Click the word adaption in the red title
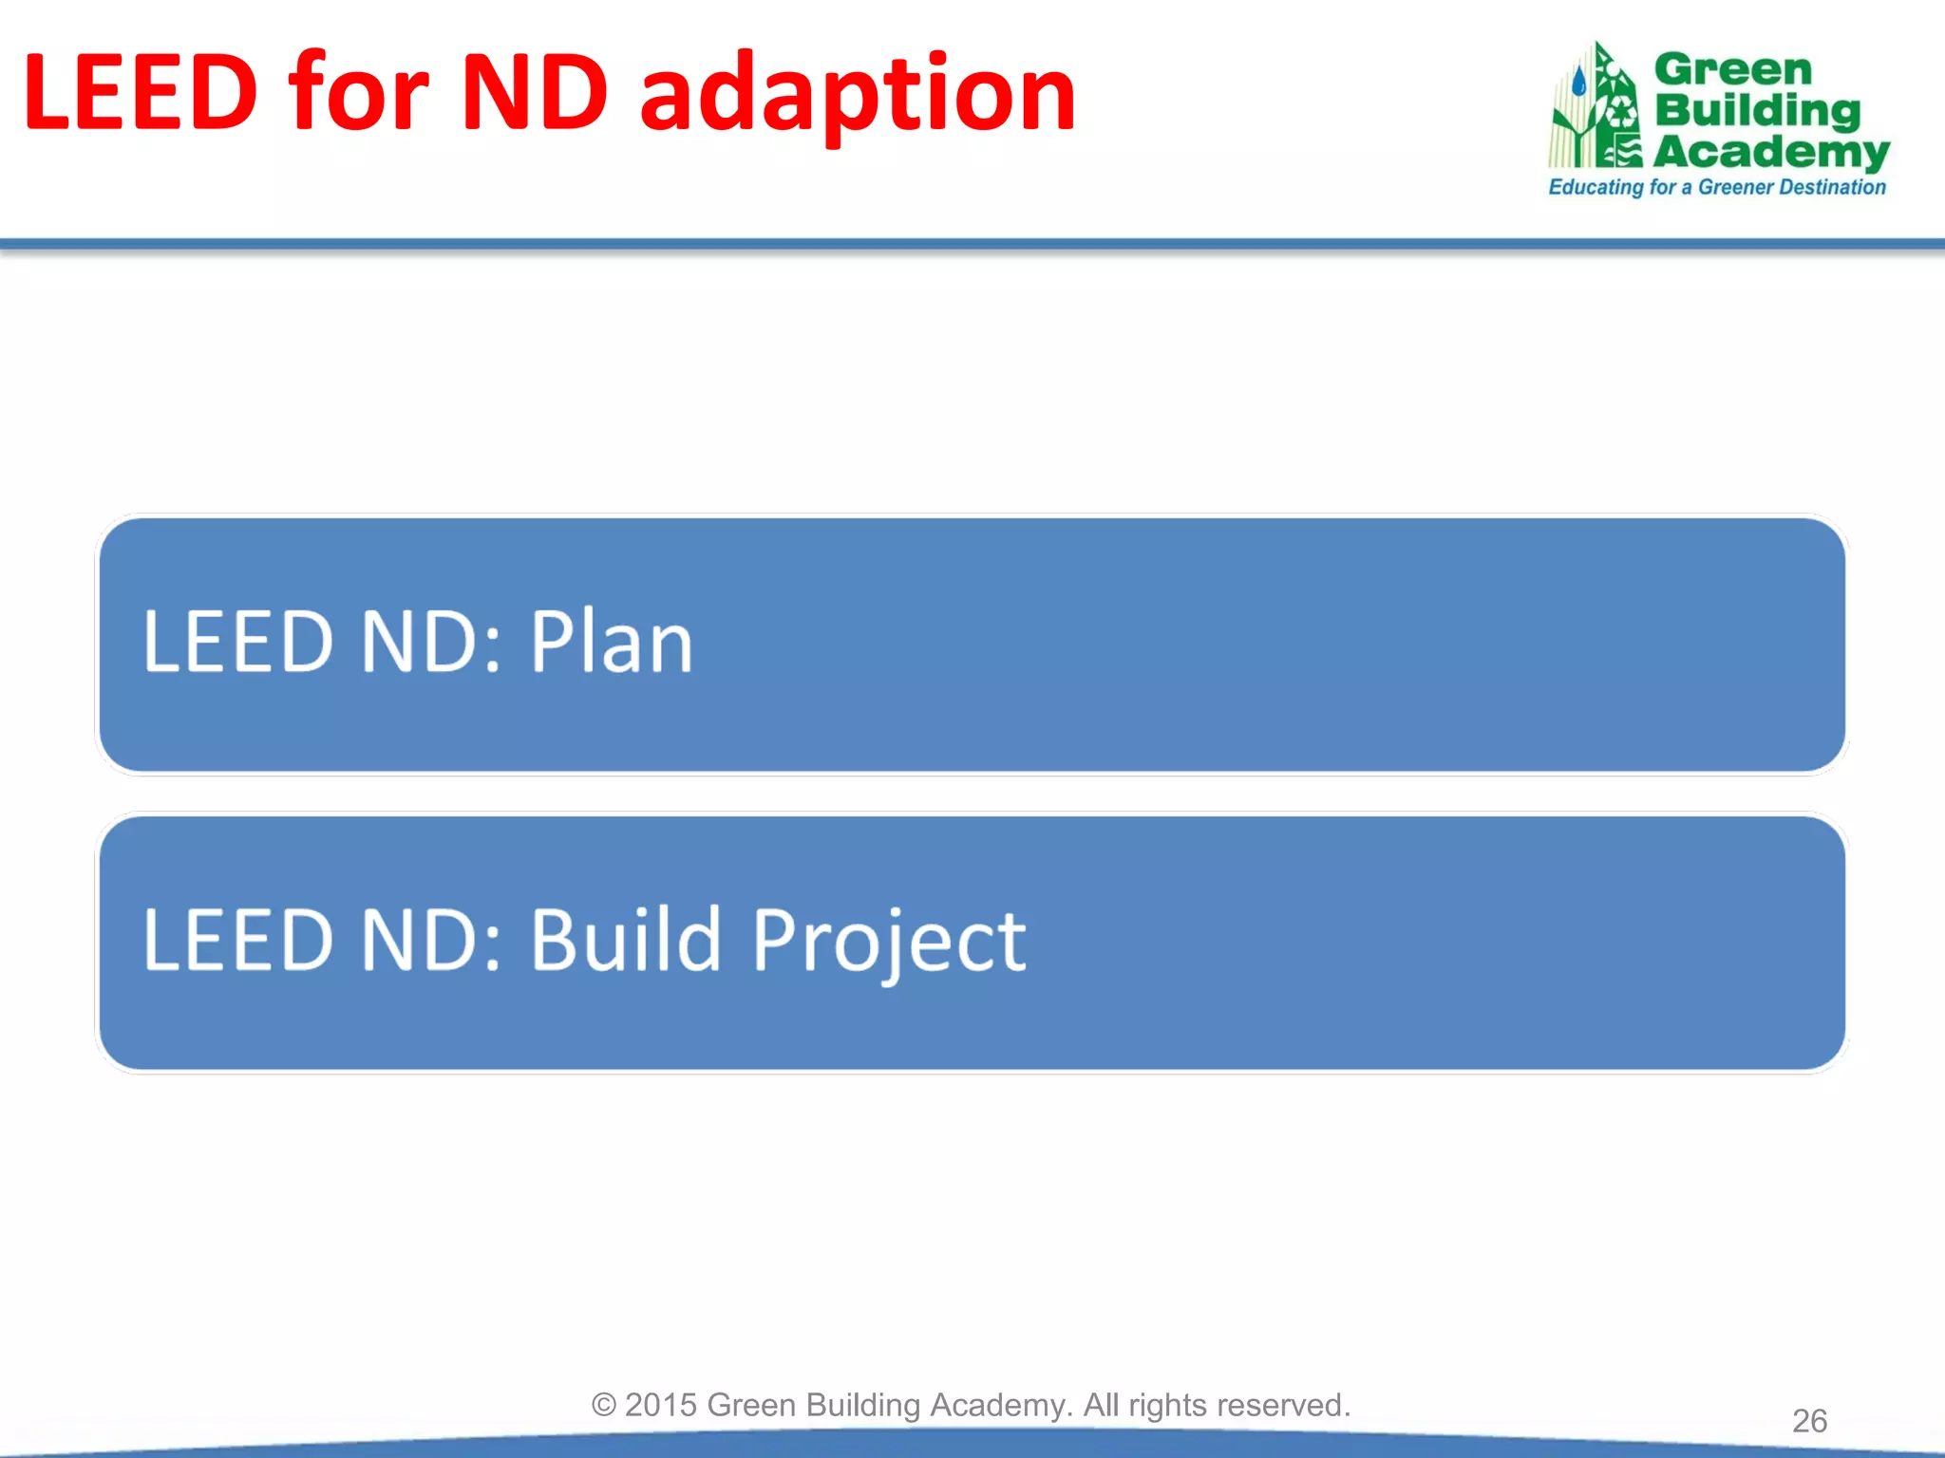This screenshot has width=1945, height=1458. coord(858,95)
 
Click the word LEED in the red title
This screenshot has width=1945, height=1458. coord(140,93)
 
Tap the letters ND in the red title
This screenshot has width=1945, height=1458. coord(534,93)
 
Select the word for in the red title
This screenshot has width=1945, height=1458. coord(359,93)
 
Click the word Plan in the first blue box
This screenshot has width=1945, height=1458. coord(611,642)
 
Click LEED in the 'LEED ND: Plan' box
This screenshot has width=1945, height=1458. coord(238,642)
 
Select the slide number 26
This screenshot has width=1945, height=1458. coord(1809,1420)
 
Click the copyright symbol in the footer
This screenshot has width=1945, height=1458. coord(604,1405)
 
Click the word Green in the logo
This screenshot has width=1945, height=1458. coord(1732,69)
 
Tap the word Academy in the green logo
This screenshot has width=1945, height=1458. coord(1771,152)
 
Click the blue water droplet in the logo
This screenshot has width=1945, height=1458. coord(1578,82)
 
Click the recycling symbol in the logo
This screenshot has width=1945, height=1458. coord(1620,114)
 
